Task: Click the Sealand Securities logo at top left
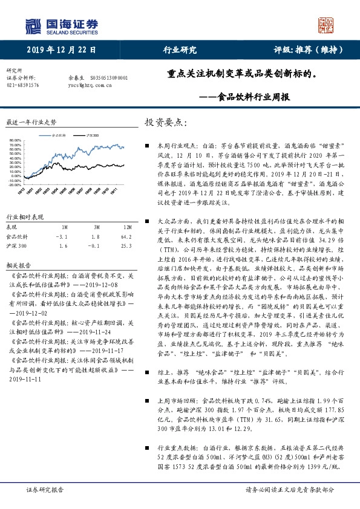click(61, 25)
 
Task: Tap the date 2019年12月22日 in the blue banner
click(62, 50)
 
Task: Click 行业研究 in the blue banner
click(180, 50)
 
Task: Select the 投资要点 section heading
click(163, 122)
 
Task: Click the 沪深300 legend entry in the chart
click(91, 135)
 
